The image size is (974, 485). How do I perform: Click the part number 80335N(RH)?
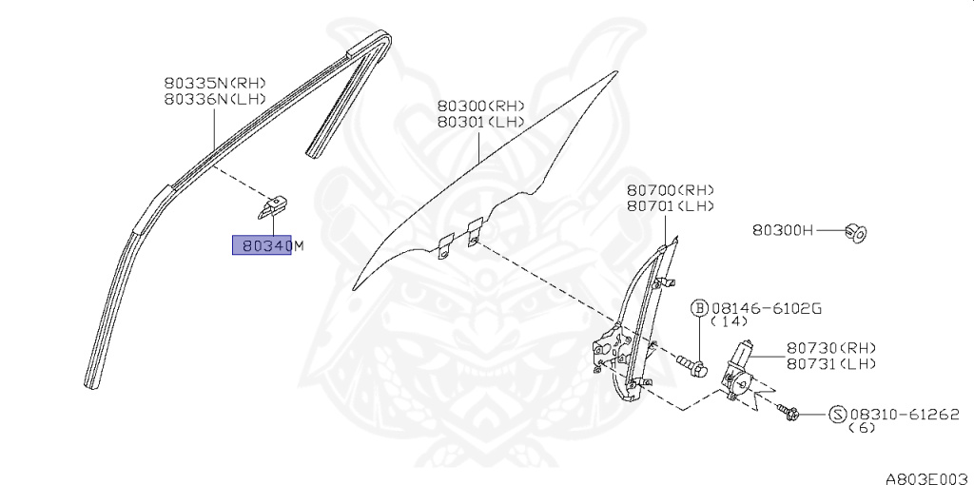pos(213,83)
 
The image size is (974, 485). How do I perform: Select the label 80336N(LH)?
pos(213,98)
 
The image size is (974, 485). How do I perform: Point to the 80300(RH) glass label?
pos(480,107)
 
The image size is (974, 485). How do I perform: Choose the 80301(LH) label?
pos(480,122)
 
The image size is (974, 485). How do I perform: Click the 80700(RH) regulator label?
pos(670,190)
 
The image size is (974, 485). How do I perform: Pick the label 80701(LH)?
pos(670,205)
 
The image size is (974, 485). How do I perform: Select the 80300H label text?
pos(783,229)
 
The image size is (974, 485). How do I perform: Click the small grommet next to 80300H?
pos(855,231)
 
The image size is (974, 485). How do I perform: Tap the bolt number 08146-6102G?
pos(768,308)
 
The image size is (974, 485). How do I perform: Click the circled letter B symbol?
pos(699,308)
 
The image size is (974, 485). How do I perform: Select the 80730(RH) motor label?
pos(830,348)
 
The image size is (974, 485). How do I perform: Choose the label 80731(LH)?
pos(830,363)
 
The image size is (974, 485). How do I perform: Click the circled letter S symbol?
pos(837,414)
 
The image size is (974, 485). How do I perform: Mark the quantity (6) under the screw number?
pos(862,429)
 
